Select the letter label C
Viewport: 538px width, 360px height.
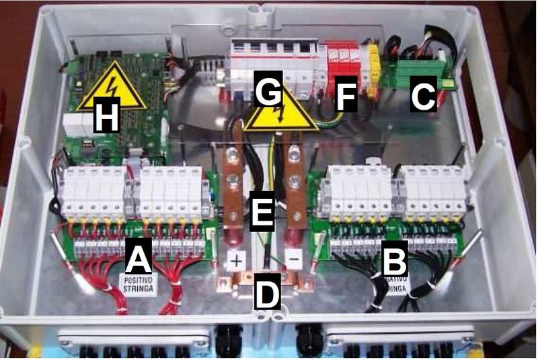click(x=422, y=97)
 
